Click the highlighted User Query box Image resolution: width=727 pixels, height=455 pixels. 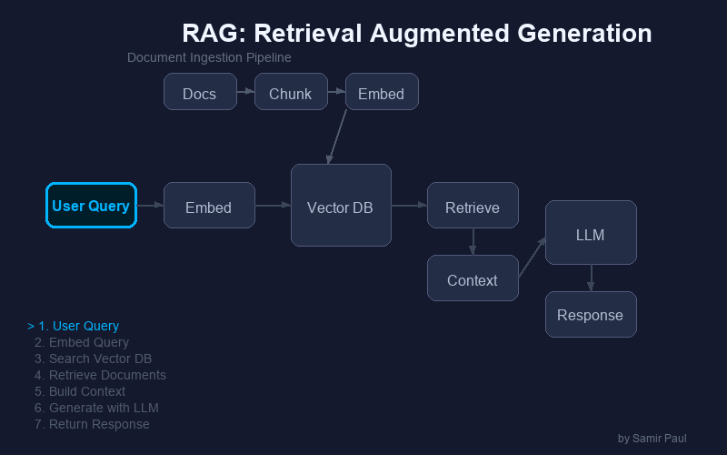click(x=91, y=206)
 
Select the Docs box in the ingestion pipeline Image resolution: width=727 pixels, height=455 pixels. click(x=200, y=92)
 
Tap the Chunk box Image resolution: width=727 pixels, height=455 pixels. click(x=291, y=92)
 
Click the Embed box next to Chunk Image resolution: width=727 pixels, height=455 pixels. click(x=382, y=92)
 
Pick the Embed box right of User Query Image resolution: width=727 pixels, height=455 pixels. click(x=209, y=206)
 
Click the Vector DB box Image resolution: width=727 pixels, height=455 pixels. click(x=341, y=206)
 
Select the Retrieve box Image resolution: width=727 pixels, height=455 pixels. click(x=473, y=206)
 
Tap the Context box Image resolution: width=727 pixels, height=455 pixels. click(x=473, y=278)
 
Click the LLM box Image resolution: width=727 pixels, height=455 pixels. click(x=591, y=233)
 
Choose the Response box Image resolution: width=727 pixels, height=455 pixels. click(x=591, y=315)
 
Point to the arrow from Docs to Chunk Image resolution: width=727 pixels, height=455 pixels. click(x=245, y=92)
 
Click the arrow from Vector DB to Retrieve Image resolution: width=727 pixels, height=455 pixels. click(x=409, y=206)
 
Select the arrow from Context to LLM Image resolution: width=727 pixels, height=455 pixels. click(x=532, y=258)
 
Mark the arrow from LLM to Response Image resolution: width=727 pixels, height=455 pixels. click(x=591, y=278)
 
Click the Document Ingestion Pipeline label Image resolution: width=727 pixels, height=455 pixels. click(x=209, y=57)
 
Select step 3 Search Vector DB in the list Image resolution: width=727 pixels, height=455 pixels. click(x=93, y=359)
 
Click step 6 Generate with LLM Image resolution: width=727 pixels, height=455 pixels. click(x=96, y=408)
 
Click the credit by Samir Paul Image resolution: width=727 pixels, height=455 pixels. click(x=652, y=439)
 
